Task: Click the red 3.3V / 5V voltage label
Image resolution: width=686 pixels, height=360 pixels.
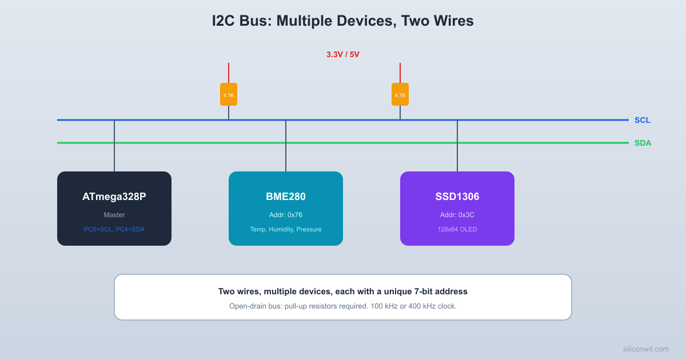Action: (342, 54)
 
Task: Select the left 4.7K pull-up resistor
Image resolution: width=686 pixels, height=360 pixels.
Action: (229, 94)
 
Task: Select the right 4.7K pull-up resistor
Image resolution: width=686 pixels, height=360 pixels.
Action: (400, 94)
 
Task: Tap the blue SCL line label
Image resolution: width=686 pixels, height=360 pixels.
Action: (642, 120)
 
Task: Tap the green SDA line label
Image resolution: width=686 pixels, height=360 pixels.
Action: (643, 143)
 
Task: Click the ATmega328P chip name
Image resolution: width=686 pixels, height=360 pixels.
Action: (114, 197)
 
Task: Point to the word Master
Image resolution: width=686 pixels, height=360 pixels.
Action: (114, 215)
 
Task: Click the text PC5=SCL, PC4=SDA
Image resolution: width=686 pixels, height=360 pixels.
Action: (114, 229)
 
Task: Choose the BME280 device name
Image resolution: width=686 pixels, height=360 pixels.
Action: (286, 197)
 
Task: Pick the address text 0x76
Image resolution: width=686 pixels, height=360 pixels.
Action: (286, 215)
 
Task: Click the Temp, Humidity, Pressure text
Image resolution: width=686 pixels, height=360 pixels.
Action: (286, 229)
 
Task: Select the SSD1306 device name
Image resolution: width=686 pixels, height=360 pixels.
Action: (457, 197)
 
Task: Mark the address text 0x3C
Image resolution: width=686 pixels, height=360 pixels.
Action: (457, 215)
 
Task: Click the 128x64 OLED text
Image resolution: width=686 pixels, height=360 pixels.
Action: (457, 229)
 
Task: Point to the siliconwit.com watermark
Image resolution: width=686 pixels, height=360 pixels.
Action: (645, 349)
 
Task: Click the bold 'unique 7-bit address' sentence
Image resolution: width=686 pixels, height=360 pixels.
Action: (343, 291)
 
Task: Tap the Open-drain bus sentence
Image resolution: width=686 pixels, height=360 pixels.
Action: (343, 306)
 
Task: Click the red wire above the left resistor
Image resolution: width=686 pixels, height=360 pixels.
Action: (229, 73)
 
